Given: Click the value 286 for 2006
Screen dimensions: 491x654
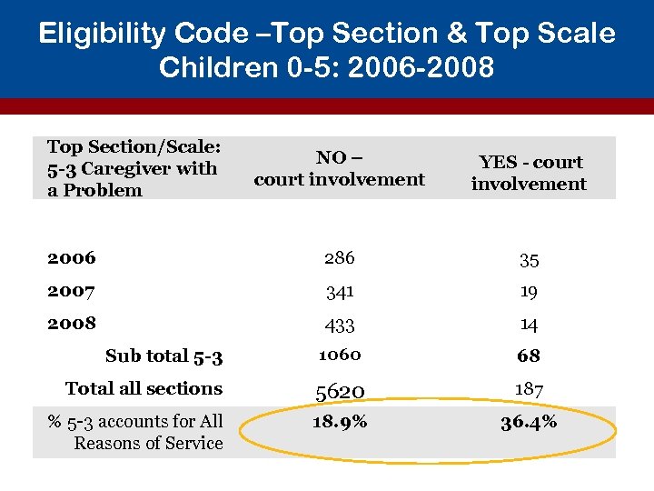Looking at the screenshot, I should click(x=339, y=258).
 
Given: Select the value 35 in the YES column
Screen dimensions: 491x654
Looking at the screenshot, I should click(x=529, y=261).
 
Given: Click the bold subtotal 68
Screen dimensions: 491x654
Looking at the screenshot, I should click(x=529, y=356).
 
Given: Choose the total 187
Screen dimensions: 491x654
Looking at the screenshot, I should click(x=529, y=389).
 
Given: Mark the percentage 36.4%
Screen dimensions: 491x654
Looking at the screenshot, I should click(x=529, y=423).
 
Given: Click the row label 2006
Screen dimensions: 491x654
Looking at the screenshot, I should click(x=72, y=257).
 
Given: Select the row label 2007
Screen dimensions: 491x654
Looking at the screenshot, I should click(x=72, y=291).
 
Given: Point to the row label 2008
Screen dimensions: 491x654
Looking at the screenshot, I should click(x=72, y=323).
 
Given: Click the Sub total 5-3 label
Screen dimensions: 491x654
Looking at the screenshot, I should click(x=163, y=356).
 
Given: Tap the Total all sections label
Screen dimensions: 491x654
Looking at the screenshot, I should click(x=144, y=388).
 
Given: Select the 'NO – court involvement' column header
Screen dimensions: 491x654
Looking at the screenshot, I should click(x=339, y=168).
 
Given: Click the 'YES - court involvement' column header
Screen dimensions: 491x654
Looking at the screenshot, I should click(x=529, y=173).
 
